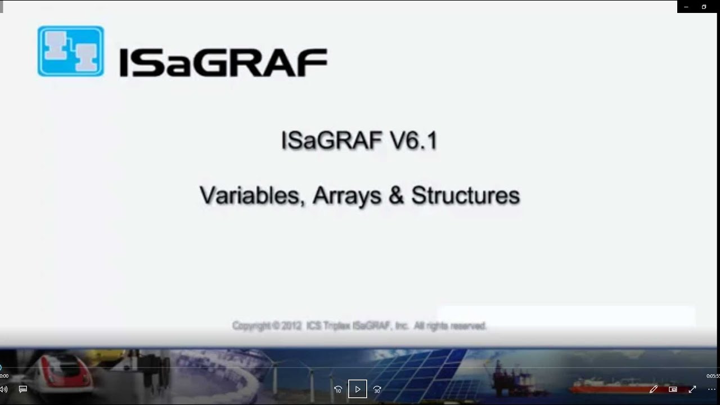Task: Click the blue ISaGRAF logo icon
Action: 71,51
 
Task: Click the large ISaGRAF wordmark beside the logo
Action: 223,62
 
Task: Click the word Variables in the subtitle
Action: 251,195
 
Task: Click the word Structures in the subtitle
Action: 465,195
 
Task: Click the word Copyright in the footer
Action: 251,326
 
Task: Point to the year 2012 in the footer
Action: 288,326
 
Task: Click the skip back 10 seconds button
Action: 338,389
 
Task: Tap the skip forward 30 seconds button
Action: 377,389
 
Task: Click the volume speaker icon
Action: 4,389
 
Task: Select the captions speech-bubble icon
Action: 23,389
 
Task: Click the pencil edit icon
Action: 654,389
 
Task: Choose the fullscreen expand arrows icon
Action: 692,389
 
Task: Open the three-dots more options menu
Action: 712,389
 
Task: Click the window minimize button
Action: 686,7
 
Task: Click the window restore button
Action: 704,7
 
